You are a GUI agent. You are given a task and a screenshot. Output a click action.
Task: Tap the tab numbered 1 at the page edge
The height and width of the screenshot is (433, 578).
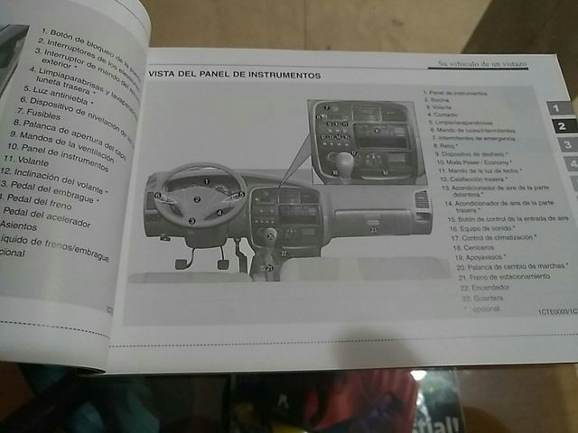(557, 108)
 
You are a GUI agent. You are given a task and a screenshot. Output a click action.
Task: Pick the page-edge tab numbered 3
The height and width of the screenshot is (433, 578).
(565, 144)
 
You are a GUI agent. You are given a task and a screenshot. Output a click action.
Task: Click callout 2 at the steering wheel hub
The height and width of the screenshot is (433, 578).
(197, 198)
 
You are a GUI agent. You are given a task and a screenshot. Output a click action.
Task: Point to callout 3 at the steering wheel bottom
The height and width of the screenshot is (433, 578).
(191, 220)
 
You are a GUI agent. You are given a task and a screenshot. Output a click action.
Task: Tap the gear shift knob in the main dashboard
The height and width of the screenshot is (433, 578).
(269, 235)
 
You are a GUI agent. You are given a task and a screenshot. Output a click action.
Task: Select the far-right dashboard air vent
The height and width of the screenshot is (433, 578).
(421, 200)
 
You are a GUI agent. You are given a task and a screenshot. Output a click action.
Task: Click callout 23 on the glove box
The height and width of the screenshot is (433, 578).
(373, 230)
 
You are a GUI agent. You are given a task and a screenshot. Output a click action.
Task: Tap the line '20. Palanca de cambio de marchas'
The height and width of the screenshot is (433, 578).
(511, 267)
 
